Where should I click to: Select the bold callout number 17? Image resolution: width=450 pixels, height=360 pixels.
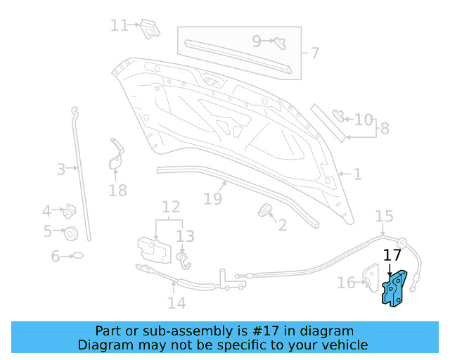(392, 255)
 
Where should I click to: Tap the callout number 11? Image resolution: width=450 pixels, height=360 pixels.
(119, 25)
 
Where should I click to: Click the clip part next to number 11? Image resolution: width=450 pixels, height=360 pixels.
(149, 27)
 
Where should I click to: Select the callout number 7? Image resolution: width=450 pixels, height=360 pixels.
(314, 53)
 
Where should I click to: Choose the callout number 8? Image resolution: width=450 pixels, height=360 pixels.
(385, 129)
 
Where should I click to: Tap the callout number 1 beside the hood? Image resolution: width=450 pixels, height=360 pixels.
(357, 174)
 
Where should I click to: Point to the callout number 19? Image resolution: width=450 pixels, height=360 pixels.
(213, 199)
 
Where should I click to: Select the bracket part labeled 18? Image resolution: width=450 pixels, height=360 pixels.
(115, 156)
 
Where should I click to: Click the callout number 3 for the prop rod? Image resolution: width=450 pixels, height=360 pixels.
(61, 169)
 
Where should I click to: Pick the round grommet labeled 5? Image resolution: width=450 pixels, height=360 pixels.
(71, 233)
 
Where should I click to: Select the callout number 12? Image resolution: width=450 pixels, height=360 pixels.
(171, 207)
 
